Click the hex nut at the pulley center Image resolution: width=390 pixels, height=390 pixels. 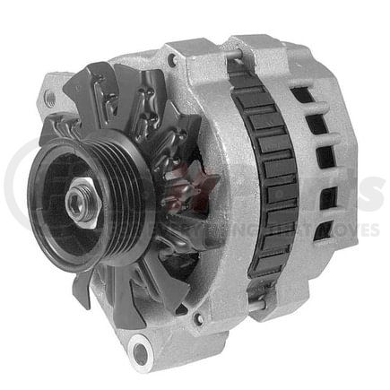(x=76, y=204)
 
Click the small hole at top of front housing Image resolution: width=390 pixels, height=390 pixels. (x=169, y=61)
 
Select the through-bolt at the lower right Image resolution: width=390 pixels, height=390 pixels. (x=256, y=305)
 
